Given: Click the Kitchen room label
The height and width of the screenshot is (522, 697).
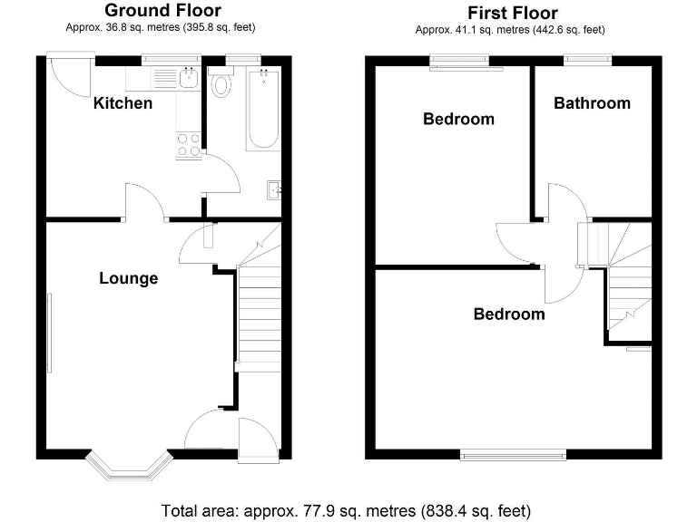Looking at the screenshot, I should tap(123, 103).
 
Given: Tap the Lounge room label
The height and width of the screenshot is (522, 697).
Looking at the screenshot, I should tap(128, 278).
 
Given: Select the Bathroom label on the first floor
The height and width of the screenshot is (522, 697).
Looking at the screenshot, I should tap(592, 103).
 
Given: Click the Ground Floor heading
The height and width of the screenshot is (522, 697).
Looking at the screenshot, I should tap(162, 11).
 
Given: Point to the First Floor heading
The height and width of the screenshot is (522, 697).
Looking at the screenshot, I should tap(513, 13).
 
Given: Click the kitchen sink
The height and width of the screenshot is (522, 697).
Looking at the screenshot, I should tap(189, 79).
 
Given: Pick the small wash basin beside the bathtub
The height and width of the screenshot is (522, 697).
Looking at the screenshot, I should tap(274, 189).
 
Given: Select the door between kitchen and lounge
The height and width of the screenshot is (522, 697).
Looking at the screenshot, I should tap(144, 203).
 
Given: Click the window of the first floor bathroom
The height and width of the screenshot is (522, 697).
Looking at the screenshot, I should tap(586, 61).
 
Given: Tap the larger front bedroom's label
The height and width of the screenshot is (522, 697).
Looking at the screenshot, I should tap(509, 314).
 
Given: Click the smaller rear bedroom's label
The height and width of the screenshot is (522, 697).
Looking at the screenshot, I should tap(458, 119).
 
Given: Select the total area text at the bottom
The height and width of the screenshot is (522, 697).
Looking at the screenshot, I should tap(346, 510).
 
